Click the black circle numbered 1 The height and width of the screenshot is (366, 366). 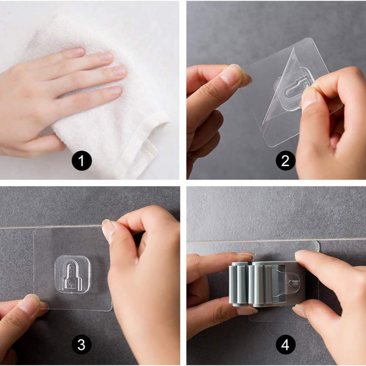(x=82, y=161)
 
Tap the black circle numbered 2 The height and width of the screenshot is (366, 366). (x=285, y=161)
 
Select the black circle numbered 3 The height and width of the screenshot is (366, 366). (x=82, y=344)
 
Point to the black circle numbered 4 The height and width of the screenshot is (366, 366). (x=285, y=344)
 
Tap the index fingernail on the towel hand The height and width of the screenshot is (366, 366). (x=78, y=52)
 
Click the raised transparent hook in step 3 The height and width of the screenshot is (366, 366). (x=72, y=274)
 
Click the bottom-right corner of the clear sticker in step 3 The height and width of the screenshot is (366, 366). (x=112, y=310)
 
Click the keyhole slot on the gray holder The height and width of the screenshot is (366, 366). (x=294, y=283)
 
